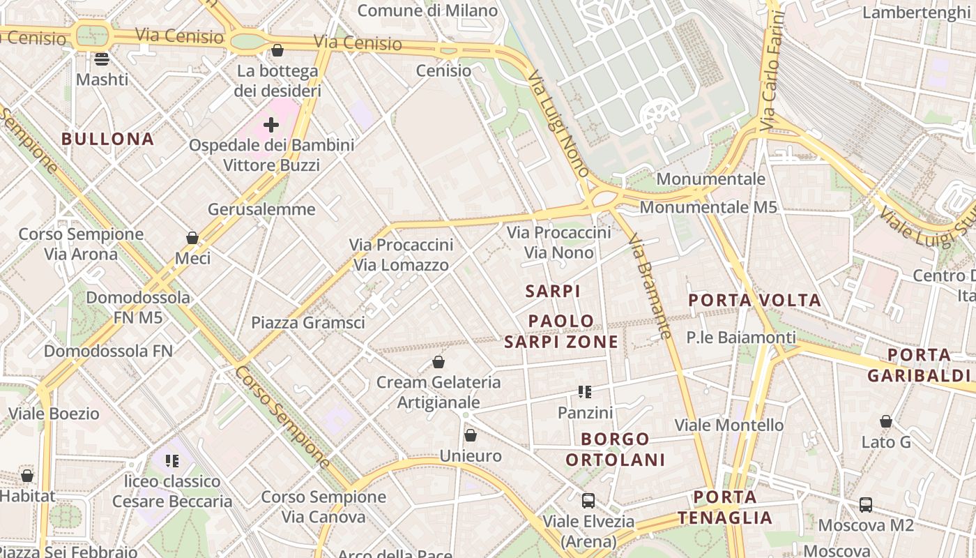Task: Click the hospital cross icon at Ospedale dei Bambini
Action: click(271, 125)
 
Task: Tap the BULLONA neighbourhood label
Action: click(108, 139)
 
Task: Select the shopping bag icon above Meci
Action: click(192, 239)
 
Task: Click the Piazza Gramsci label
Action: click(308, 322)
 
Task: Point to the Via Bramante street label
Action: click(650, 287)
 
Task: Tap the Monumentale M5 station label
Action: click(708, 207)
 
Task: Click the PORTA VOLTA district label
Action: click(755, 301)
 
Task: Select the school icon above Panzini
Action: click(585, 392)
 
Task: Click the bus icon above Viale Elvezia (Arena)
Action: click(588, 501)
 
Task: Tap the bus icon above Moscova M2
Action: click(866, 505)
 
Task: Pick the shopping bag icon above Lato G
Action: click(886, 422)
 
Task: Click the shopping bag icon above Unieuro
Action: click(471, 436)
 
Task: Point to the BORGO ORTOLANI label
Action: click(616, 449)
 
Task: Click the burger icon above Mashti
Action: click(102, 59)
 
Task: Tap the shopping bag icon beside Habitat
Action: click(27, 476)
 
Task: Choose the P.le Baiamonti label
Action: click(741, 338)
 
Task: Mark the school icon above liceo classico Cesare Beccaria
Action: click(172, 461)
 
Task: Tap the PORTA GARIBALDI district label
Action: click(919, 365)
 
